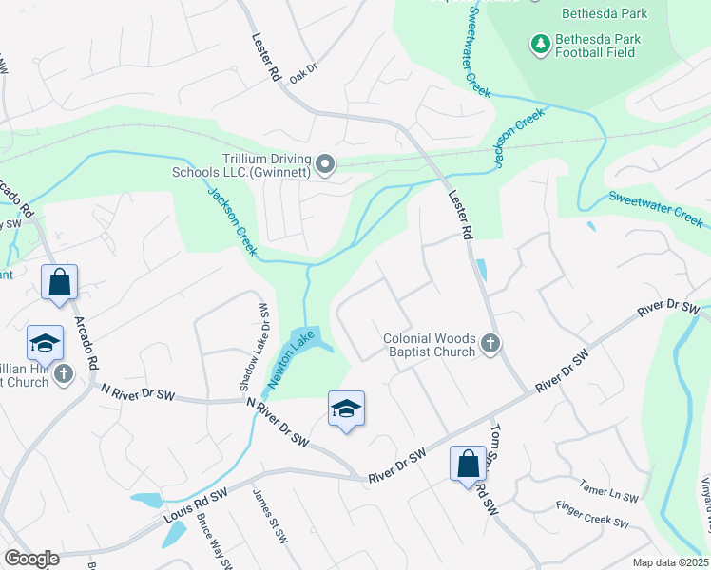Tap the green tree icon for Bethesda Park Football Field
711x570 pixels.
(x=540, y=44)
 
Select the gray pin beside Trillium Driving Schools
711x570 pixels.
(x=325, y=165)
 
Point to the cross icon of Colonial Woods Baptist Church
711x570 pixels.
(x=490, y=343)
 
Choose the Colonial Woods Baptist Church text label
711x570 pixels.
(x=429, y=345)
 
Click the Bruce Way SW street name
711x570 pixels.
(x=214, y=541)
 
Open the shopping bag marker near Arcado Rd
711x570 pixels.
(x=59, y=282)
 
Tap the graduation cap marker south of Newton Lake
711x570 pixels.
(x=347, y=409)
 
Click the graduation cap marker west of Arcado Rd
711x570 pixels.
(x=44, y=343)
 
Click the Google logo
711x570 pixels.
(x=31, y=559)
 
